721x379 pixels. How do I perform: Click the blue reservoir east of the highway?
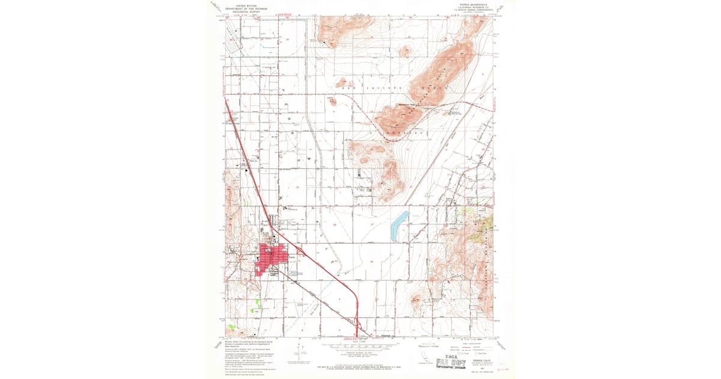398,227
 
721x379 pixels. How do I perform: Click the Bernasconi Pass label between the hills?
410,105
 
